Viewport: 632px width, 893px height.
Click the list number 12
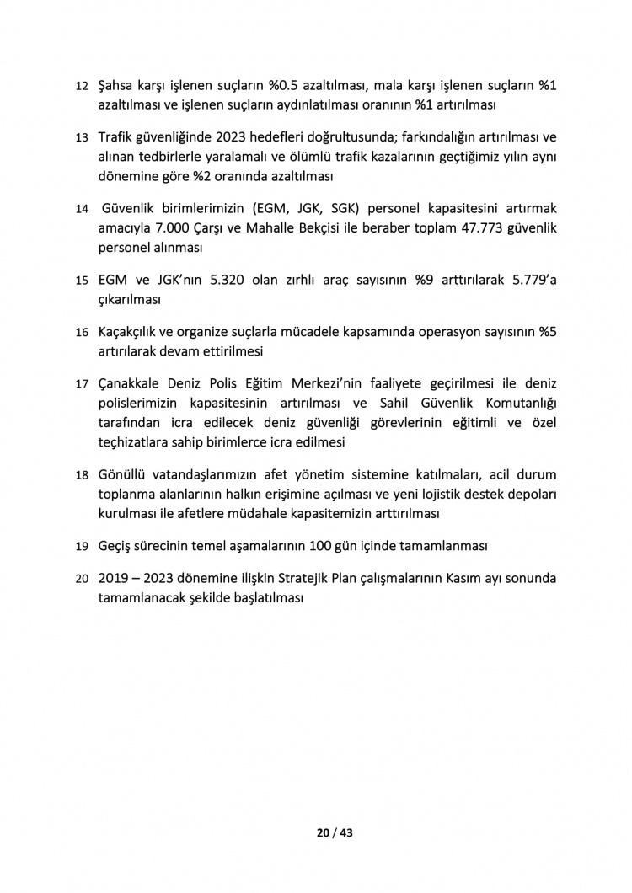coord(82,87)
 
